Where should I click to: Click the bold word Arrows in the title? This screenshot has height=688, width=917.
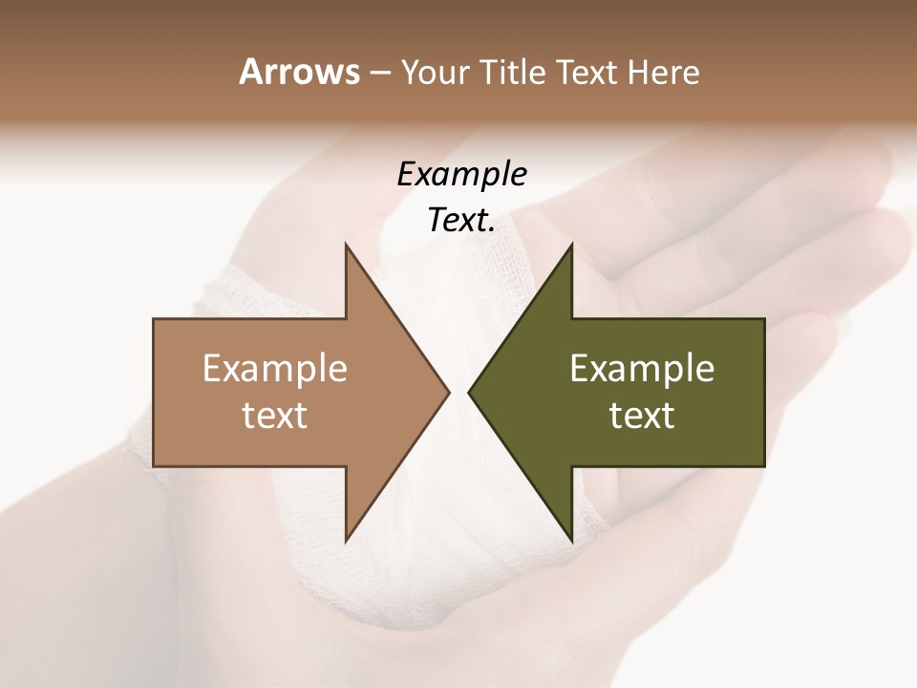pos(298,72)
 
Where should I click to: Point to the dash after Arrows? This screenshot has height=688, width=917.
pos(380,74)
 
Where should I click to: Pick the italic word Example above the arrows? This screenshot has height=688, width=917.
pos(461,174)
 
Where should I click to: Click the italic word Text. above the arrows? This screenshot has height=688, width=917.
pos(461,221)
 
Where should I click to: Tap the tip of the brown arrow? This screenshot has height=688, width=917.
pos(449,392)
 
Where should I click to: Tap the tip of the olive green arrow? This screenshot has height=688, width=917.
pos(469,392)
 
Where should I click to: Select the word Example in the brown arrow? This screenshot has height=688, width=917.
pos(275,369)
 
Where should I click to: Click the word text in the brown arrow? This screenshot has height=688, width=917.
pos(275,416)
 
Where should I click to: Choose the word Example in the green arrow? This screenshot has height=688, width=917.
pos(642,369)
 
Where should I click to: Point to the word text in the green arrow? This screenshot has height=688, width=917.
pos(642,416)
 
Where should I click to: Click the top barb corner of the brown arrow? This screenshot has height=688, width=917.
pos(346,245)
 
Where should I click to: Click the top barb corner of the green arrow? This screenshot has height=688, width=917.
pos(571,245)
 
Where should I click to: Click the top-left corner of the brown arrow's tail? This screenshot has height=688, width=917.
pos(154,319)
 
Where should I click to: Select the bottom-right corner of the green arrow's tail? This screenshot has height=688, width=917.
pos(764,465)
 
